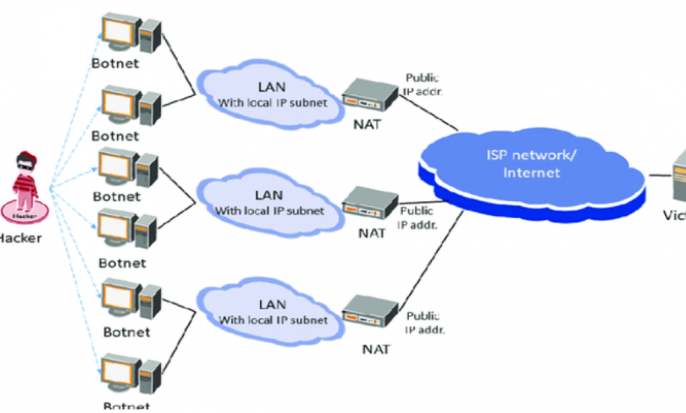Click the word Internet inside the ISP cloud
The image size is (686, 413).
(531, 172)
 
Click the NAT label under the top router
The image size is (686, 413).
(371, 125)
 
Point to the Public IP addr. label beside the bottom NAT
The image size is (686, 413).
(424, 322)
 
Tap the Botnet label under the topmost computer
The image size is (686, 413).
(115, 64)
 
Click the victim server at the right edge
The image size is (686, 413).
(679, 176)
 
